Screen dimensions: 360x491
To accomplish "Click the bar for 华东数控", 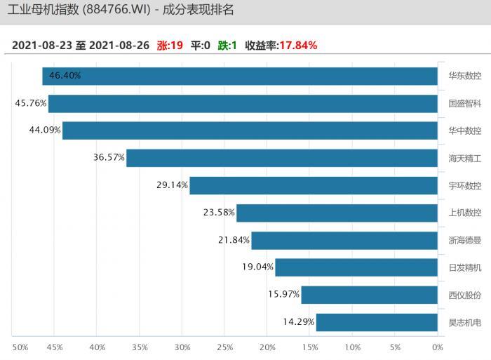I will pos(240,76).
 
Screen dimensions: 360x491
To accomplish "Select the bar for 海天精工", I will pos(282,158).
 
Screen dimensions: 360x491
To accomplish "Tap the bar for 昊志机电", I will pos(377,322).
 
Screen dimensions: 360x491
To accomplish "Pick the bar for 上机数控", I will pos(337,213).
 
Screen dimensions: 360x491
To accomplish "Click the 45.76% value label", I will pos(31,103).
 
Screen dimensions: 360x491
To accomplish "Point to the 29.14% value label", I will pos(172,185).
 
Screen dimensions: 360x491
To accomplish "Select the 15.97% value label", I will pos(283,295).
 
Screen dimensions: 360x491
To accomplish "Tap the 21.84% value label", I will pos(234,240).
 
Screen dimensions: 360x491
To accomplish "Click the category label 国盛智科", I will pos(465,103).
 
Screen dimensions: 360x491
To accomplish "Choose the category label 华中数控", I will pos(465,131).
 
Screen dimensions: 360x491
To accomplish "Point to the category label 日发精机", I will pos(465,267).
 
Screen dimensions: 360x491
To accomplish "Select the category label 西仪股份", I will pos(465,295).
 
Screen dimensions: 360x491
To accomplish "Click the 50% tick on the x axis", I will pos(20,347).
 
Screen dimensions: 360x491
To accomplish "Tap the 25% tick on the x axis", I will pos(224,347).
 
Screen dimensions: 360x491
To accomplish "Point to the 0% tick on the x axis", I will pos(438,347).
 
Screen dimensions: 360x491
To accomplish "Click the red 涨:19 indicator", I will pos(170,46).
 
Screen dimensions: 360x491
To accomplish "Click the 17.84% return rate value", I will pos(298,46).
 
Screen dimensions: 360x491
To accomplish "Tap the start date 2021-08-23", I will pos(41,46).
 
